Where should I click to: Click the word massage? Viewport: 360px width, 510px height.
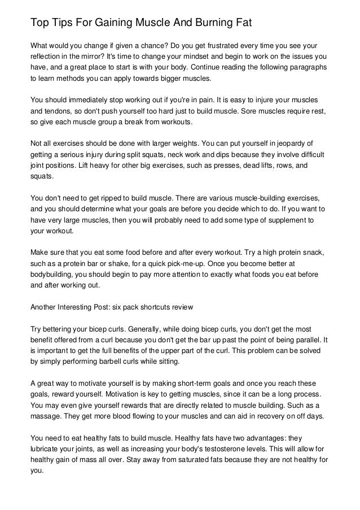tap(45, 416)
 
